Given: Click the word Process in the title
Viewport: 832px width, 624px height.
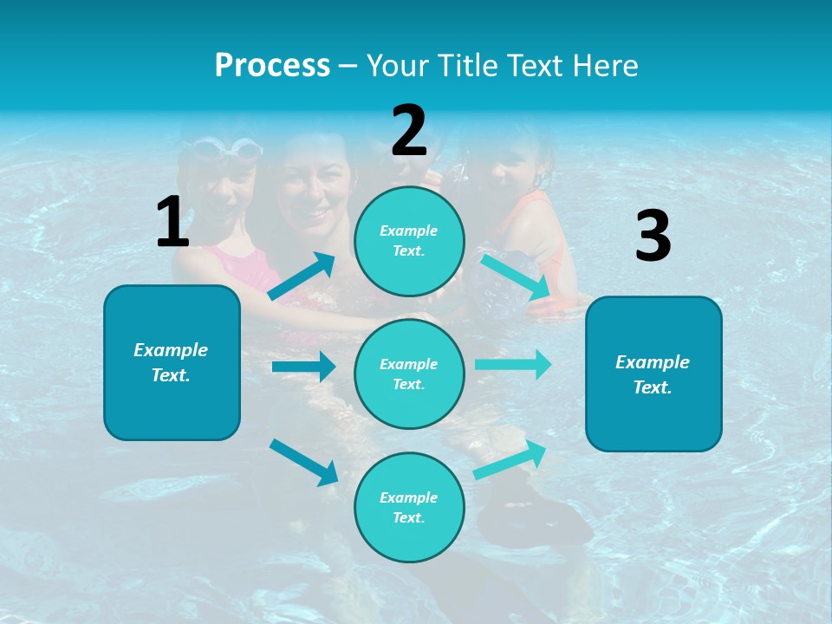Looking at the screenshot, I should (x=272, y=66).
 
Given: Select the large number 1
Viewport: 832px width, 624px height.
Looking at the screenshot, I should (x=172, y=222).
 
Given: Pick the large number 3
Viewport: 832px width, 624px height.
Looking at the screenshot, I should (x=653, y=236).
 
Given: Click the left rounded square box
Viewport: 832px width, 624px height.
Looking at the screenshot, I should (x=172, y=362).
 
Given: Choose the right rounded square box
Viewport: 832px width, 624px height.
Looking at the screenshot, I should (x=653, y=374).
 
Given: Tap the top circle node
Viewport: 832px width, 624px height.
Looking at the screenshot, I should (x=409, y=240).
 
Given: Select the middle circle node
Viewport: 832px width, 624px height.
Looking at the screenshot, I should (x=409, y=374).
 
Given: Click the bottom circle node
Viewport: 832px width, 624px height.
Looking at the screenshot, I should (x=409, y=507).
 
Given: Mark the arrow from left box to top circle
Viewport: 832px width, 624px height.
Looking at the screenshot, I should (x=302, y=276).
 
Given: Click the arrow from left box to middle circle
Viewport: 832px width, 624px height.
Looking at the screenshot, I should (x=303, y=367).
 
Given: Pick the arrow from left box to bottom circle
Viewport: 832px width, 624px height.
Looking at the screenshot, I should (x=303, y=461).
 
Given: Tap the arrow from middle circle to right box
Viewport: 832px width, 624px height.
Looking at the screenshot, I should (x=513, y=364).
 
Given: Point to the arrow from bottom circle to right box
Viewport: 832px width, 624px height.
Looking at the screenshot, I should (x=510, y=460).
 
